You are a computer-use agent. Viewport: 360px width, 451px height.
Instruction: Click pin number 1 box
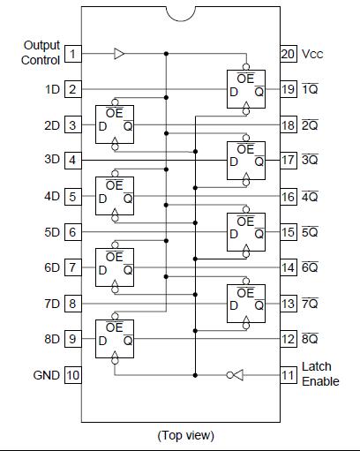coord(73,54)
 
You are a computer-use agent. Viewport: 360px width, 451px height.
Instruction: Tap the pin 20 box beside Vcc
coord(289,54)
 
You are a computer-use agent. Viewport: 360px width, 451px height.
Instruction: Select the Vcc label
coord(313,54)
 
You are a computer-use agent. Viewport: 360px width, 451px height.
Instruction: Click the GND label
coord(46,375)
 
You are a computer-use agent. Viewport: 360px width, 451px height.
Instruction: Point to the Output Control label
coord(41,52)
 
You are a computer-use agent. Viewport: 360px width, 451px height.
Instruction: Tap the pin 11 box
coord(289,374)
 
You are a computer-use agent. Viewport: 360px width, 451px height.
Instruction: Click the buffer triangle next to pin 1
coord(119,54)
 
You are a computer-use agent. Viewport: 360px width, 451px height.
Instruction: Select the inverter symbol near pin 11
coord(234,374)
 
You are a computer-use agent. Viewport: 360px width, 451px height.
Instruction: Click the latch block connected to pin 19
coord(245,89)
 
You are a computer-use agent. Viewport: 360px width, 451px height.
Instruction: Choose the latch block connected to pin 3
coord(116,125)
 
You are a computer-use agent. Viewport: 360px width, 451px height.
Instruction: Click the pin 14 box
coord(289,267)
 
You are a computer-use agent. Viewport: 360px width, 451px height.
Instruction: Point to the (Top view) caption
coord(185,435)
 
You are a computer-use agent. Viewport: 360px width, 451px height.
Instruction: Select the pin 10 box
coord(73,375)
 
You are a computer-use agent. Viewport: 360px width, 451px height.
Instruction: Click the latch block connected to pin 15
coord(245,232)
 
